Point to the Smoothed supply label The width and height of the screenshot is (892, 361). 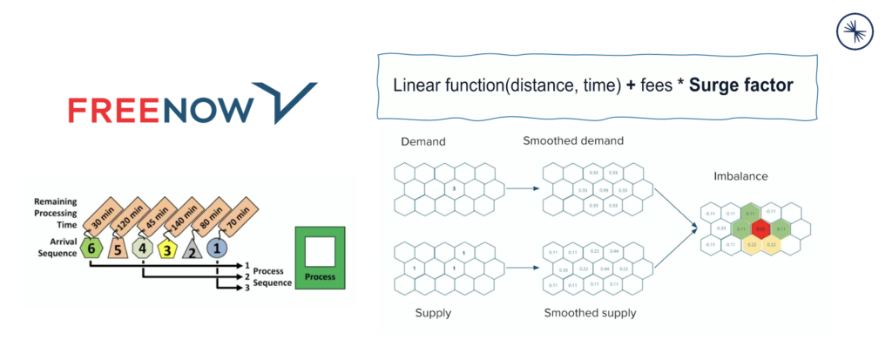pyautogui.click(x=590, y=312)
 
